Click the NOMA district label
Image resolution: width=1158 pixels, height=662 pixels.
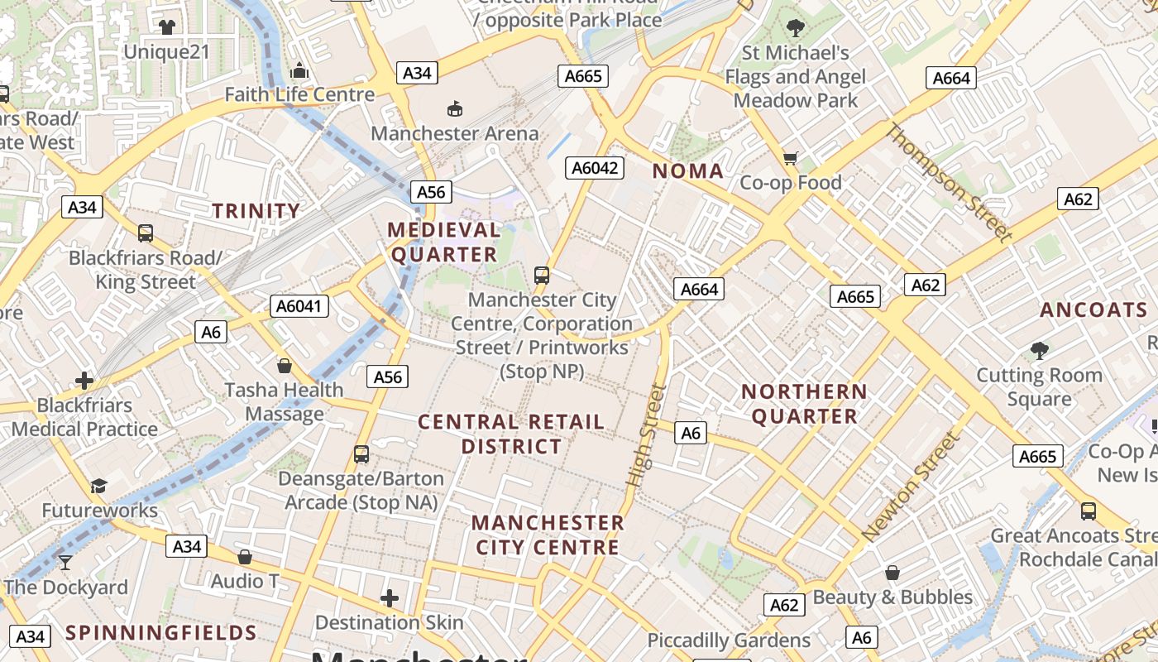[687, 171]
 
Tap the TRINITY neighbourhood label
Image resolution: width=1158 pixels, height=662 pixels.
[256, 211]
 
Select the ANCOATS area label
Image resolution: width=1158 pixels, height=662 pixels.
[1093, 310]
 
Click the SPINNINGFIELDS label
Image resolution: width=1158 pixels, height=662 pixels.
[161, 633]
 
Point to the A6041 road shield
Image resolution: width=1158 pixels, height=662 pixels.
[299, 307]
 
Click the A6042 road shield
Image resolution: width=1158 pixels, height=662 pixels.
[595, 168]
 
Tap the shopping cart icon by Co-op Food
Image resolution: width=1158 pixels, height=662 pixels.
[791, 158]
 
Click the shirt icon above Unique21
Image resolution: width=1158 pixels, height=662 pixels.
[167, 27]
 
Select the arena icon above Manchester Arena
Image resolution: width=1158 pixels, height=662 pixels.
[454, 108]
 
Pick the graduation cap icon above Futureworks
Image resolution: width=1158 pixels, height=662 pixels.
[99, 486]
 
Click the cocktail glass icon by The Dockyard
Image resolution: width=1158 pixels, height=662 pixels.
[65, 564]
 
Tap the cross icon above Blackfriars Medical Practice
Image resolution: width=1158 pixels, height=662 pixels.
[84, 381]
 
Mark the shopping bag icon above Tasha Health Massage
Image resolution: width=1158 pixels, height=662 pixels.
[285, 365]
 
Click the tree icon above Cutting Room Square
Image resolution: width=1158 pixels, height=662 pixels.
[1039, 351]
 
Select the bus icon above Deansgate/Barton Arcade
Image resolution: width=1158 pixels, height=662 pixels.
[361, 453]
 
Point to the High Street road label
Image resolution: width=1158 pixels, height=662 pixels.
[647, 435]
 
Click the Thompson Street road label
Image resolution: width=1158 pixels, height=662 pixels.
[950, 183]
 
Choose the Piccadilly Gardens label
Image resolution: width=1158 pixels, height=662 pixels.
[729, 640]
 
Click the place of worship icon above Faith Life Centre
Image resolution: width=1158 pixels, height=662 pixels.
[299, 70]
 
